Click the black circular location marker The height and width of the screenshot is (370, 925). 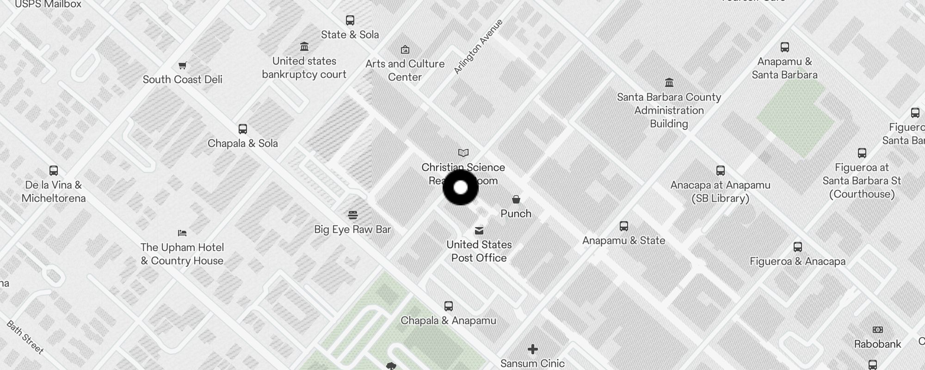461,187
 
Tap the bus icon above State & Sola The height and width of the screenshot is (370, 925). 350,20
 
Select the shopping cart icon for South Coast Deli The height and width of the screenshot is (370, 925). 183,65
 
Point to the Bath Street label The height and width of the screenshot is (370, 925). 25,337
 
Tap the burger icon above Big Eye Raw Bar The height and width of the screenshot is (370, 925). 353,215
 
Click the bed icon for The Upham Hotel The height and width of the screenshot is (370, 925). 182,233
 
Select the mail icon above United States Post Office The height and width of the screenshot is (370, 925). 479,230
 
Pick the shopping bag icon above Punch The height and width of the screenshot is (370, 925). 516,199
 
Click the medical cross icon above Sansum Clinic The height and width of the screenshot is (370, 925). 533,349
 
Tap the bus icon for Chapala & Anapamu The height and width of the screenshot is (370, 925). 449,306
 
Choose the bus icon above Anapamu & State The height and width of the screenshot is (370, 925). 624,226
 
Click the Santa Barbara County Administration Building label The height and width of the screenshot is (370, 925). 669,110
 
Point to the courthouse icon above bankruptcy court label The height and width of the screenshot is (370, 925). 304,47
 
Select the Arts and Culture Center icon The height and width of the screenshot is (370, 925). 405,49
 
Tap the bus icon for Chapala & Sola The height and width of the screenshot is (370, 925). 243,129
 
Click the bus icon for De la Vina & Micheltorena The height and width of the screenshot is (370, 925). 54,171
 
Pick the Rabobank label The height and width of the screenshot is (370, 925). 877,344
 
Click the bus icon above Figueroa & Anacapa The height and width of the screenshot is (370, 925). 798,247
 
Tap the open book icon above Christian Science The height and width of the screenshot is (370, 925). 463,153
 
